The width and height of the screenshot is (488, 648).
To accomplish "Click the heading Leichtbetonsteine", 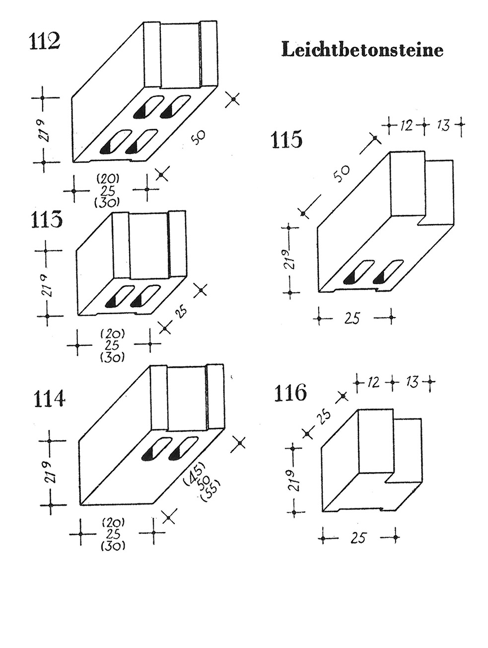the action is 362,49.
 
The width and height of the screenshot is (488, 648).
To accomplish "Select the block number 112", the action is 45,41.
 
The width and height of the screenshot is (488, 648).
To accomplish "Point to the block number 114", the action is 49,398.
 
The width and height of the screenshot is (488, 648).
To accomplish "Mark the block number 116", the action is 290,393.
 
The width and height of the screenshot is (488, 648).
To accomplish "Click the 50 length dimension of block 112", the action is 198,137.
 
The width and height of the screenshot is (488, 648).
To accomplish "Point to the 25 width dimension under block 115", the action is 352,318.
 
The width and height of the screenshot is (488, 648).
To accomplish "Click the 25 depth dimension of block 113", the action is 181,311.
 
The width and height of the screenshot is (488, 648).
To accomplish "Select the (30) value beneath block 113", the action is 112,357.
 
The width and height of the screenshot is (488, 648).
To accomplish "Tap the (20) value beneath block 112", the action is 108,178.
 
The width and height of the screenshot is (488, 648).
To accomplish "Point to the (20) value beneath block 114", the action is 113,523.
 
